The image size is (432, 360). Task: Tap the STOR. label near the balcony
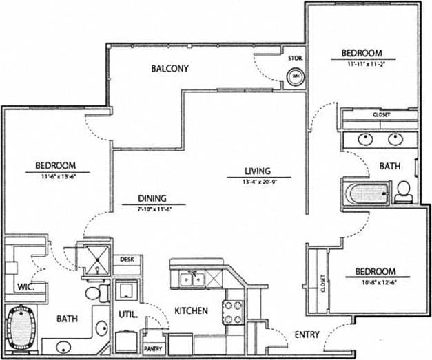coord(296,59)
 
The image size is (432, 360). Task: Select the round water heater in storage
coord(296,76)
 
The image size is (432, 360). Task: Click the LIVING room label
coord(257,171)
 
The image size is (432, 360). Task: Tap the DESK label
coord(127,260)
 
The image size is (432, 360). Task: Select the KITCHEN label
coord(191,310)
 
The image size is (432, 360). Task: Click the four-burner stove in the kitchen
coord(233,311)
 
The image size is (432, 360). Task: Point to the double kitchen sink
coord(190,279)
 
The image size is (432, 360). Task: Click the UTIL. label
coord(128,315)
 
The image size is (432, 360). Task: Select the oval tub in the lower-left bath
coord(23,328)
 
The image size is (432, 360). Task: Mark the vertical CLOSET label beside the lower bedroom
coord(322,284)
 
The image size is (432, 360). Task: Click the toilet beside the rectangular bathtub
coord(404,191)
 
